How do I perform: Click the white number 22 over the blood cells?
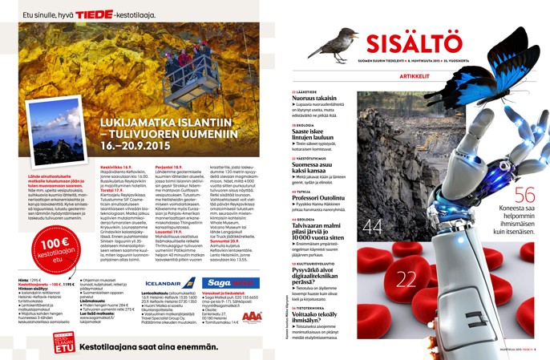pyautogui.click(x=406, y=278)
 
